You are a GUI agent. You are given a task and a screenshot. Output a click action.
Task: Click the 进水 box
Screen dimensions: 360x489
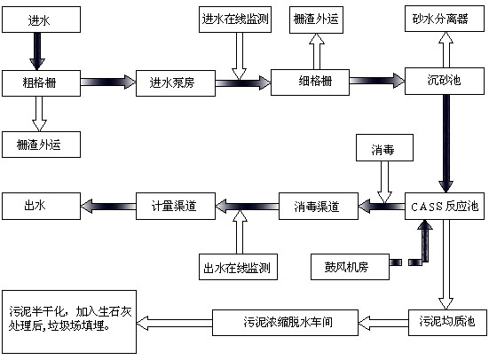41,18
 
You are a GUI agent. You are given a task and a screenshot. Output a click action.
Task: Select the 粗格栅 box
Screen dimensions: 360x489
41,82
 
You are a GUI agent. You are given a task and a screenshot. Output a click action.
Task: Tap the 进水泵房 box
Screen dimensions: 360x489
176,82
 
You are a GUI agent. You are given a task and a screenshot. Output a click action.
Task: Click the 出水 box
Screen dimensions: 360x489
41,206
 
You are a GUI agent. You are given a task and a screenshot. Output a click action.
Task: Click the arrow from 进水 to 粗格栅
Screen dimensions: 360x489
38,51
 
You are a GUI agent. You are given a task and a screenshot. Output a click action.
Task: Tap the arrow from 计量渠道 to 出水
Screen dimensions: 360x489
108,206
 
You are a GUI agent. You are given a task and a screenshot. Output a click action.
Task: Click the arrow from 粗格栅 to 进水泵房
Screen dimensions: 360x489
107,82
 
